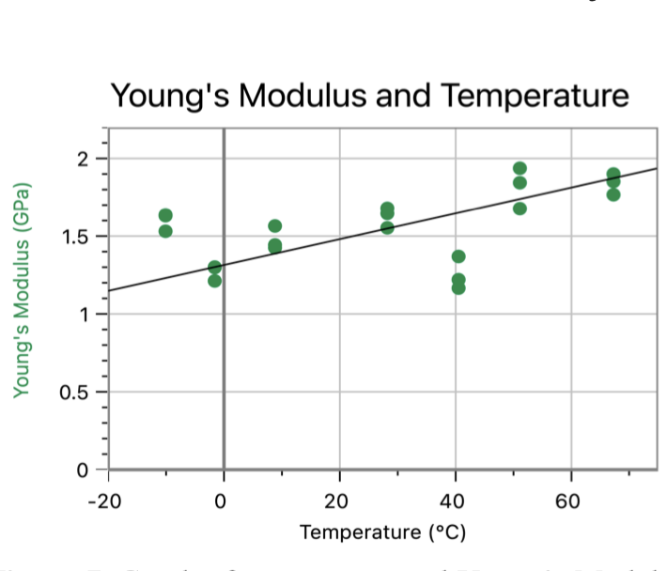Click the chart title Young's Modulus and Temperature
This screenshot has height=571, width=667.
point(368,96)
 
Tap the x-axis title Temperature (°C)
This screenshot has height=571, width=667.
point(382,532)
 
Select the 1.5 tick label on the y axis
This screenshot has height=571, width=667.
point(76,236)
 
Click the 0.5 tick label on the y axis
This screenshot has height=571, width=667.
point(76,391)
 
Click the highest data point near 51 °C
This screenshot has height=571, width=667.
point(520,169)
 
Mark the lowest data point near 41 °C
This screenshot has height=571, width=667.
point(458,287)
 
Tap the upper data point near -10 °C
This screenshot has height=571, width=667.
point(165,216)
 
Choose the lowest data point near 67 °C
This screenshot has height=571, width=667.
point(613,194)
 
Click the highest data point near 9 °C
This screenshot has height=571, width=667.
point(275,226)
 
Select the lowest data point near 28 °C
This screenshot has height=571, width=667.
point(387,227)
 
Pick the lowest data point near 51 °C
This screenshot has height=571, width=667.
point(520,208)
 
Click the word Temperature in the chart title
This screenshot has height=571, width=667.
point(535,96)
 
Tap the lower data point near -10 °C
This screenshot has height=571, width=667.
point(165,231)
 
